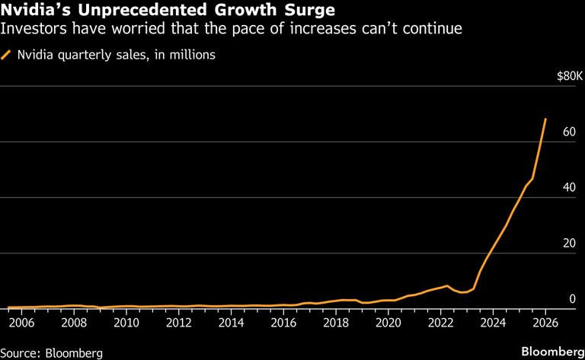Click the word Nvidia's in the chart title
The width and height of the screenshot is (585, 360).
(34, 11)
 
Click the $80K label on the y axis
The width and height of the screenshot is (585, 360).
(571, 76)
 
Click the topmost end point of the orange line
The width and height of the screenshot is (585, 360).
(545, 119)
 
